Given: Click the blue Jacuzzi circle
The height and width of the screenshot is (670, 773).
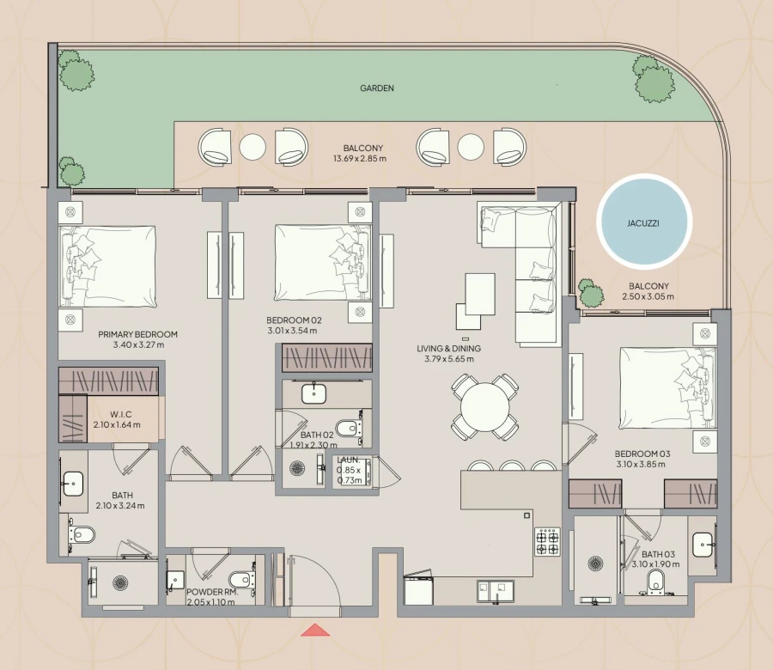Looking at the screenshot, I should pos(644,219).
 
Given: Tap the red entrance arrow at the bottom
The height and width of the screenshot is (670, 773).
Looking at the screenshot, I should pos(315,630).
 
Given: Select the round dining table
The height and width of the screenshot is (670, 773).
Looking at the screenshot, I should pos(485,405).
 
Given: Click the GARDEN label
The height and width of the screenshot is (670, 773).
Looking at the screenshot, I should pos(377,88).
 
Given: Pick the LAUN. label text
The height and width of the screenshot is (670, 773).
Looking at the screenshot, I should pos(349,460).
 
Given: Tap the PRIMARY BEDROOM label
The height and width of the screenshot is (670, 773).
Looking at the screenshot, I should pos(137,334).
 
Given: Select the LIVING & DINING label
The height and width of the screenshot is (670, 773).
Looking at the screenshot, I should pos(448,348).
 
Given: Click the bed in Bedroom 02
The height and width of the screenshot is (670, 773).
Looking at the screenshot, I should pos(320,260).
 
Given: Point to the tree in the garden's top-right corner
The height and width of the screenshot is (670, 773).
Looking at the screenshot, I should pos(654,82).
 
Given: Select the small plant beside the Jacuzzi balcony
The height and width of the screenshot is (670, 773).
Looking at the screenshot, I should pos(590,293).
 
